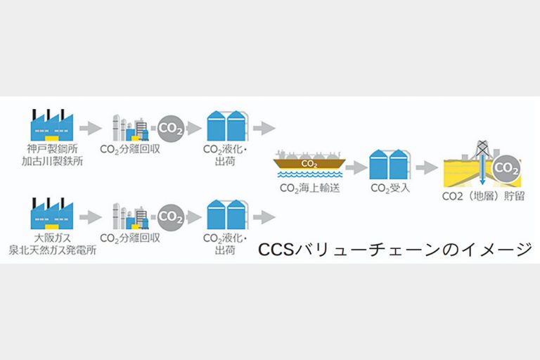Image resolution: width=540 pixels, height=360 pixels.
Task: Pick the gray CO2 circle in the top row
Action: click(171, 128)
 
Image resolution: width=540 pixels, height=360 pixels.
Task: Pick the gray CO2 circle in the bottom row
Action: click(171, 217)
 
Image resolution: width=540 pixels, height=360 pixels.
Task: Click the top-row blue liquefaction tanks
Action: click(226, 127)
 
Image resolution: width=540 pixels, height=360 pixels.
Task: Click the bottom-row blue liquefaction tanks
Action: click(226, 215)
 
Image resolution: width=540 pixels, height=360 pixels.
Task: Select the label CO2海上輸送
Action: click(310, 188)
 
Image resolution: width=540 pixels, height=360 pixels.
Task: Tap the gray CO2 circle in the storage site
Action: click(506, 169)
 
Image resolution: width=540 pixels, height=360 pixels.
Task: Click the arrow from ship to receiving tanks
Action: click(356, 167)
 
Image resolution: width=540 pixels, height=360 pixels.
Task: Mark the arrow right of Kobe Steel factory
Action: click(89, 128)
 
